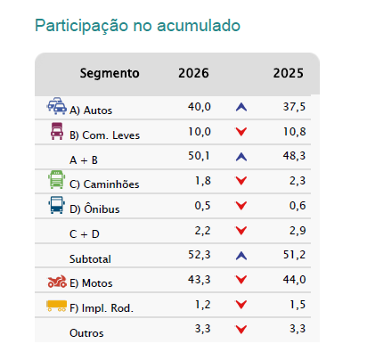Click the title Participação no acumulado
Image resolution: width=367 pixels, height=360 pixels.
click(x=137, y=26)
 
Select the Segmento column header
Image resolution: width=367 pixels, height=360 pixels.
click(x=110, y=73)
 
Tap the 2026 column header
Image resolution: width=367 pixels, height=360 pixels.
click(x=193, y=73)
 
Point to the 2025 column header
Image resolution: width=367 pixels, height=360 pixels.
click(x=289, y=73)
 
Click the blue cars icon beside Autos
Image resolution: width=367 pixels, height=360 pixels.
click(x=57, y=106)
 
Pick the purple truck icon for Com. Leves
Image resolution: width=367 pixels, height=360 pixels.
click(x=57, y=131)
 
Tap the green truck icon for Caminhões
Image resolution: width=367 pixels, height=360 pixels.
click(x=57, y=179)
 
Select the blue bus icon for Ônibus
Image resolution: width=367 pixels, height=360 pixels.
click(x=57, y=205)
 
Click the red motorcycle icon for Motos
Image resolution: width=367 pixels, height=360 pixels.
click(x=57, y=282)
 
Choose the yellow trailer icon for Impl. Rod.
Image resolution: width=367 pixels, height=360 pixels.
click(x=56, y=306)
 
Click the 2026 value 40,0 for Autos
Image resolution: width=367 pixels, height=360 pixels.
click(x=200, y=107)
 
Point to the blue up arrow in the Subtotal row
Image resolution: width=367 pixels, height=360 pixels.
click(x=241, y=256)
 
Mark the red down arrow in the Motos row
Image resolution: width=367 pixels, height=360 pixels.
click(x=241, y=280)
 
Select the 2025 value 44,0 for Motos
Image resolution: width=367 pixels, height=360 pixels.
click(x=294, y=280)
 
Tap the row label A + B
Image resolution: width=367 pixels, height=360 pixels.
click(x=84, y=160)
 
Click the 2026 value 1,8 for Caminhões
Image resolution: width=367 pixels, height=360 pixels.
click(x=203, y=181)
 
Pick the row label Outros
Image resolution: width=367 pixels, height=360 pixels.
click(x=86, y=333)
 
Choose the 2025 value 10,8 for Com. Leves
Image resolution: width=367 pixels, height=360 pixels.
click(x=294, y=132)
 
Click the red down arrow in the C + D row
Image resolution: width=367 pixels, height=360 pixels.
click(x=241, y=231)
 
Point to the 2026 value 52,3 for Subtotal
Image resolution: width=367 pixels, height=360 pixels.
click(x=200, y=255)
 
